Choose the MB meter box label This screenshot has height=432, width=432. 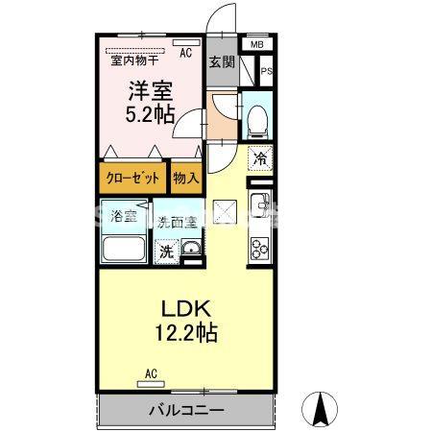pyautogui.click(x=256, y=45)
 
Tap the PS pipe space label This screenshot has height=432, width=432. pyautogui.click(x=266, y=70)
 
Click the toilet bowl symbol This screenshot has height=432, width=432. pyautogui.click(x=256, y=120)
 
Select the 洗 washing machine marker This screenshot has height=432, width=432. pyautogui.click(x=166, y=252)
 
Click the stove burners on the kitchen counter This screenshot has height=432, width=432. pyautogui.click(x=259, y=248)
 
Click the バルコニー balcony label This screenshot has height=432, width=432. pyautogui.click(x=186, y=410)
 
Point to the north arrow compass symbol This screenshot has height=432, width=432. pyautogui.click(x=323, y=410)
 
